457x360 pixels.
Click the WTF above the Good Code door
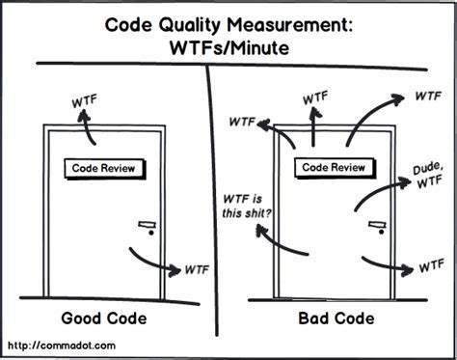(x=85, y=101)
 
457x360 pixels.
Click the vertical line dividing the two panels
(x=210, y=193)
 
